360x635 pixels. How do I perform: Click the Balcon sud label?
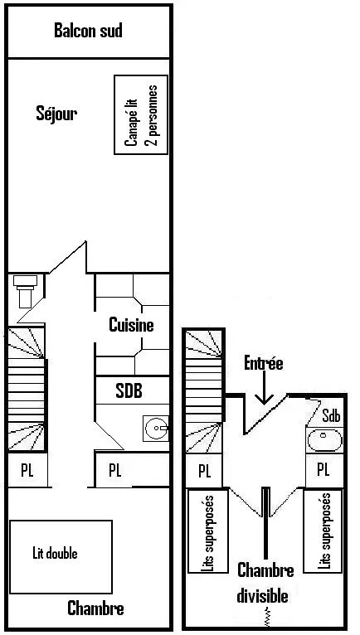click(x=88, y=31)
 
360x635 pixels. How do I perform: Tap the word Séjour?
click(x=56, y=114)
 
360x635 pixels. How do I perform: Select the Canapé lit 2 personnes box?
click(x=141, y=114)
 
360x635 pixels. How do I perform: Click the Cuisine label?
click(x=131, y=325)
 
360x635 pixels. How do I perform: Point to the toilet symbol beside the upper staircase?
click(x=25, y=290)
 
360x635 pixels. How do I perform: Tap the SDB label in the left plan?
click(x=129, y=391)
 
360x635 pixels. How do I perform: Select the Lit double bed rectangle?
click(x=61, y=557)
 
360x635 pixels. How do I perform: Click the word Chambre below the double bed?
click(x=95, y=608)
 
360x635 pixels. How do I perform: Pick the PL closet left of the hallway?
click(x=27, y=470)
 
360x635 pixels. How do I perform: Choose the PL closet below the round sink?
click(x=132, y=470)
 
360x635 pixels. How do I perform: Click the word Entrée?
click(x=264, y=363)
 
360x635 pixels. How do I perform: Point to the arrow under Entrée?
click(x=264, y=389)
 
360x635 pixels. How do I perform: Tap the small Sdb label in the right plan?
click(x=331, y=416)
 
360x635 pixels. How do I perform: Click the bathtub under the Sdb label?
click(x=324, y=440)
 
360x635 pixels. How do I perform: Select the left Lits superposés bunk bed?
click(x=207, y=531)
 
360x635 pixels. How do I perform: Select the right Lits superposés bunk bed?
click(x=324, y=531)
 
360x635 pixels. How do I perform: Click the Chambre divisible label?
click(x=265, y=583)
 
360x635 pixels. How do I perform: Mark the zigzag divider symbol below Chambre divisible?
click(x=266, y=617)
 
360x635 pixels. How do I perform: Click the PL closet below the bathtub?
click(x=324, y=470)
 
